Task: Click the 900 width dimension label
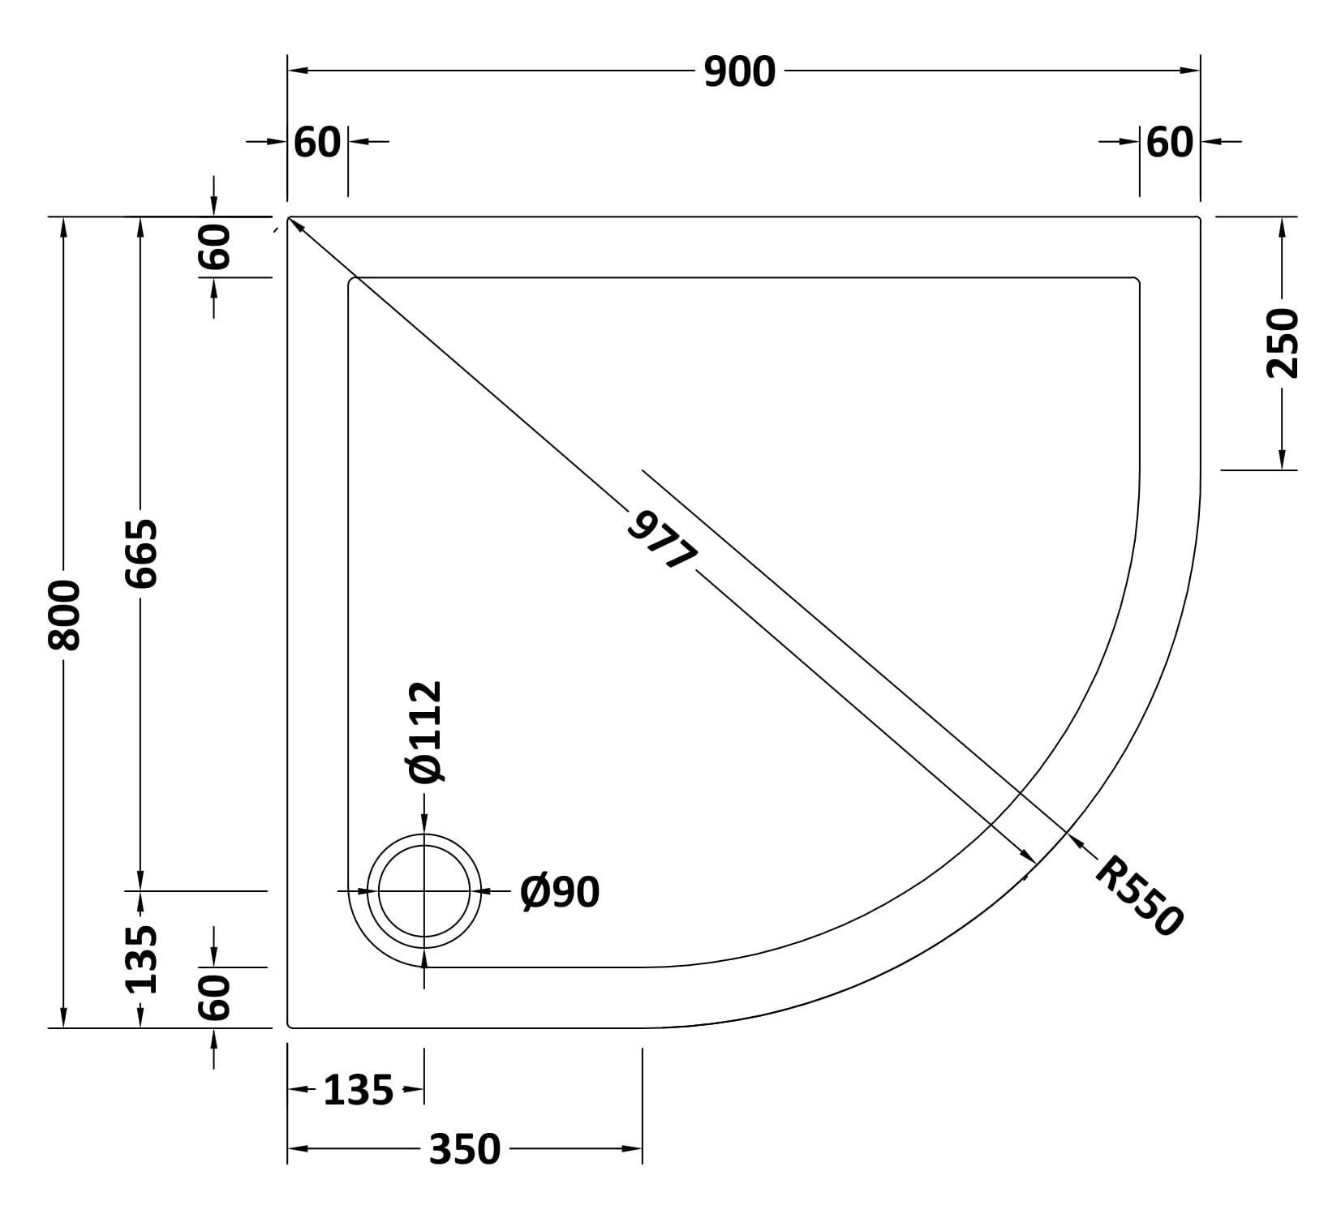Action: pyautogui.click(x=739, y=72)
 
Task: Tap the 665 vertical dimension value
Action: pyautogui.click(x=142, y=553)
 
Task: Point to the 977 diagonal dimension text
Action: pyautogui.click(x=662, y=539)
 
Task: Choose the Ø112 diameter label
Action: pyautogui.click(x=426, y=733)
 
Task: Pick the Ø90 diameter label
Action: pyautogui.click(x=560, y=892)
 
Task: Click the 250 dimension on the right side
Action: pyautogui.click(x=1283, y=343)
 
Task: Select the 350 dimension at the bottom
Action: pyautogui.click(x=465, y=1149)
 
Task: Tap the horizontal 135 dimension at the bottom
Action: pyautogui.click(x=358, y=1091)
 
